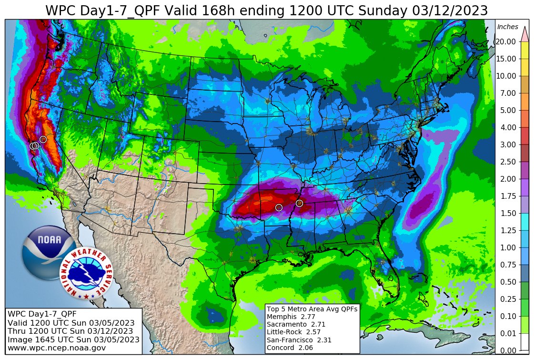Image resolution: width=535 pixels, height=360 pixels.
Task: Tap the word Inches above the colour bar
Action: (507, 27)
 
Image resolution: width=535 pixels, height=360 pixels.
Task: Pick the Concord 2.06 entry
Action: (290, 348)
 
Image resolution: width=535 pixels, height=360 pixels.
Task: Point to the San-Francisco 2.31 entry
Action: (299, 340)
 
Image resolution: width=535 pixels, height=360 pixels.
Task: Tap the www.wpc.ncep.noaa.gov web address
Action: (56, 348)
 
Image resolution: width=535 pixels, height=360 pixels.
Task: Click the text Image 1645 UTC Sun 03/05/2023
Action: (73, 339)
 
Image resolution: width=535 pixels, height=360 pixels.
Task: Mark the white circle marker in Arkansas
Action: (279, 207)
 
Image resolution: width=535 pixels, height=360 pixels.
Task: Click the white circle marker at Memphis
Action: (299, 204)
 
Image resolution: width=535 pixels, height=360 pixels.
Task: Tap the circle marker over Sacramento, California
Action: (43, 139)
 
